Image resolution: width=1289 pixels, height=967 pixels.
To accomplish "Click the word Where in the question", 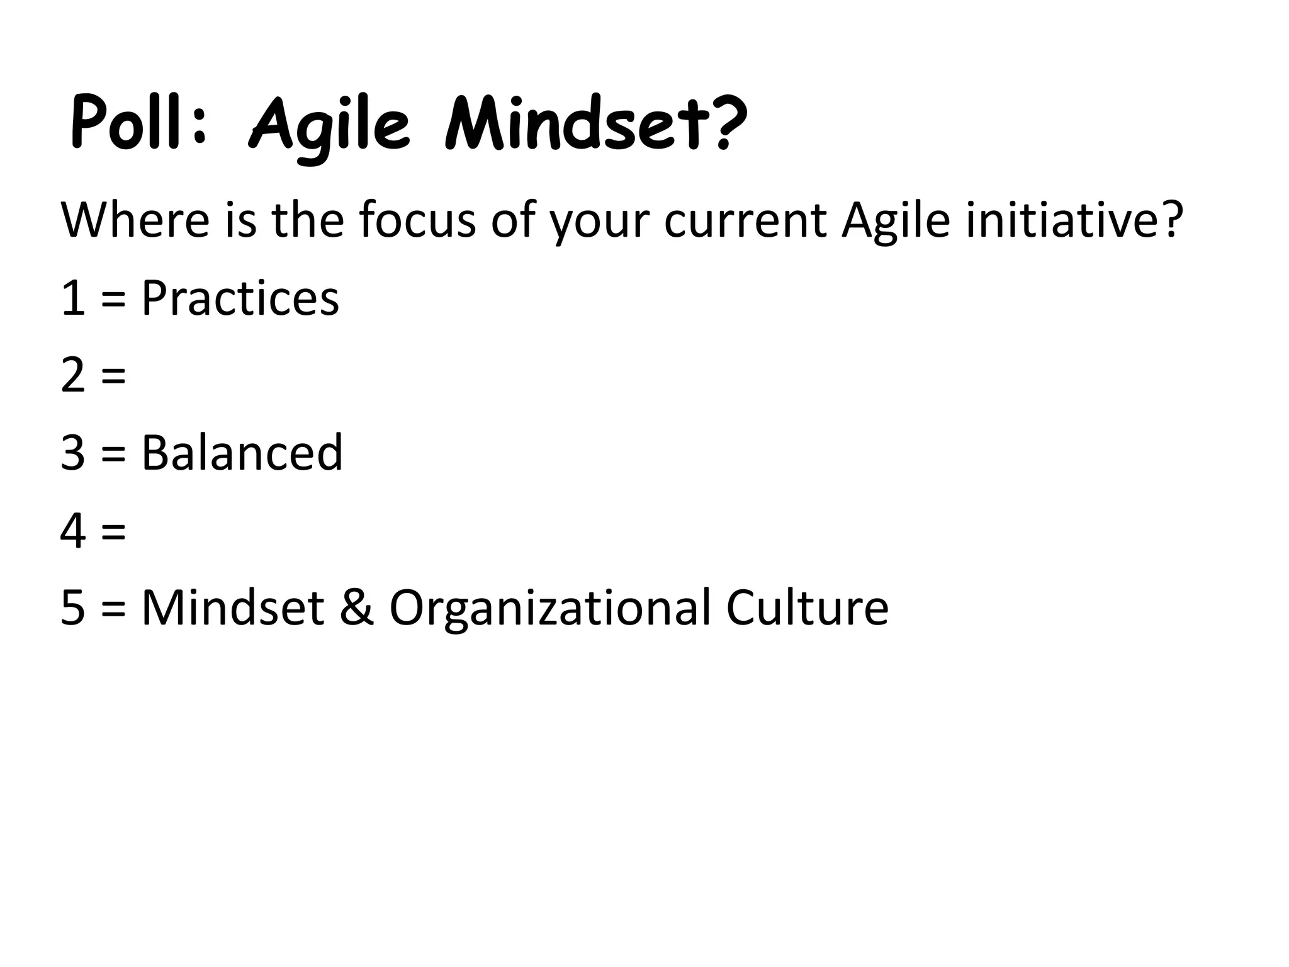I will (x=135, y=220).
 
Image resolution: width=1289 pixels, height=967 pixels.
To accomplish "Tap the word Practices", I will (x=240, y=298).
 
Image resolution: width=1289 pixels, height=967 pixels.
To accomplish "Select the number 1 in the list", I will (x=73, y=298).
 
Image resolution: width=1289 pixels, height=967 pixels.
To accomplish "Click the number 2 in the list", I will (x=73, y=375).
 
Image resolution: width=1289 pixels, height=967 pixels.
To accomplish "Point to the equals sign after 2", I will (x=113, y=376).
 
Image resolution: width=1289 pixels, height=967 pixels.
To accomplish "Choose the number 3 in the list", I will (x=73, y=453).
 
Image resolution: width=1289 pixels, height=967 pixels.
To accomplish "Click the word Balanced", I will (x=242, y=453).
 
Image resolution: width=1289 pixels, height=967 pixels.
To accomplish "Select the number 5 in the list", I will (x=73, y=608).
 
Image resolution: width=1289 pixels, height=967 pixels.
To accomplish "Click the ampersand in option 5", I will (x=357, y=608).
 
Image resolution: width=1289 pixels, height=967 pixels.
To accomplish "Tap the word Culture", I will (x=807, y=608).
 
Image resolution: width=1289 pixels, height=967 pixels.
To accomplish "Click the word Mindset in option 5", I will (x=233, y=608).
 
